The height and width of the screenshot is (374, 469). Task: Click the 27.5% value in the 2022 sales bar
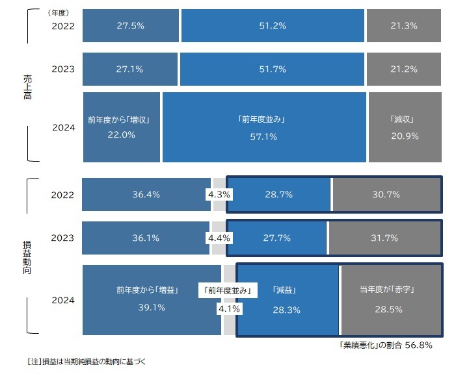130,26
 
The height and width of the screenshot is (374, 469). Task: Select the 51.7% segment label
273,69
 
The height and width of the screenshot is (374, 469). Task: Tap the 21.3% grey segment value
404,26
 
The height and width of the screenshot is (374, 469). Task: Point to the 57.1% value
263,136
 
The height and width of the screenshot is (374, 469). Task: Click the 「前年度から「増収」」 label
121,120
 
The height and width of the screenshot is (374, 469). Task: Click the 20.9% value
405,136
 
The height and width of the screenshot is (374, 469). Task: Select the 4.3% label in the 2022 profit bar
219,194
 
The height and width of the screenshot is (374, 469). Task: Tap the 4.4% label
219,238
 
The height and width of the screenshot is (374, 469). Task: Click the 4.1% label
229,309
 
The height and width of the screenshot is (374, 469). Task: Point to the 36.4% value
147,194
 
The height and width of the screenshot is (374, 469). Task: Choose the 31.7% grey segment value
384,238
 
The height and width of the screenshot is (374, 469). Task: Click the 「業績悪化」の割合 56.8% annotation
385,345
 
